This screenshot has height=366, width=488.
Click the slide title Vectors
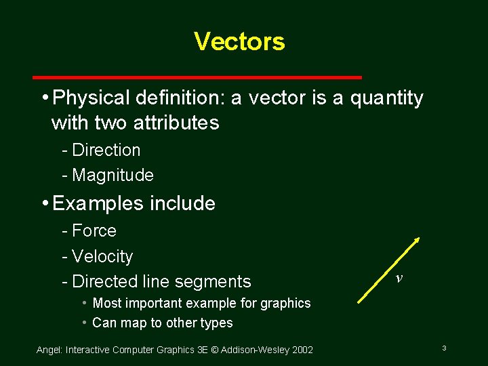tap(239, 41)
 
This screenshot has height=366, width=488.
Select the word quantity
tap(387, 99)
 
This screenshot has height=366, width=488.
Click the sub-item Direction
tap(106, 150)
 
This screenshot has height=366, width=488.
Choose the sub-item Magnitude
tap(113, 175)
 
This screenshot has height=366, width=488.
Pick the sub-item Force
tap(94, 230)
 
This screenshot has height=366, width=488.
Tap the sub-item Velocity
tap(102, 256)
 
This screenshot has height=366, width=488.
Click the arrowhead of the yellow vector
tap(416, 240)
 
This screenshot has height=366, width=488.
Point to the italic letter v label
tap(399, 278)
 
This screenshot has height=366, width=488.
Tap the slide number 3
tap(443, 348)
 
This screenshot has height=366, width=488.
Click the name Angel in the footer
tap(48, 350)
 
